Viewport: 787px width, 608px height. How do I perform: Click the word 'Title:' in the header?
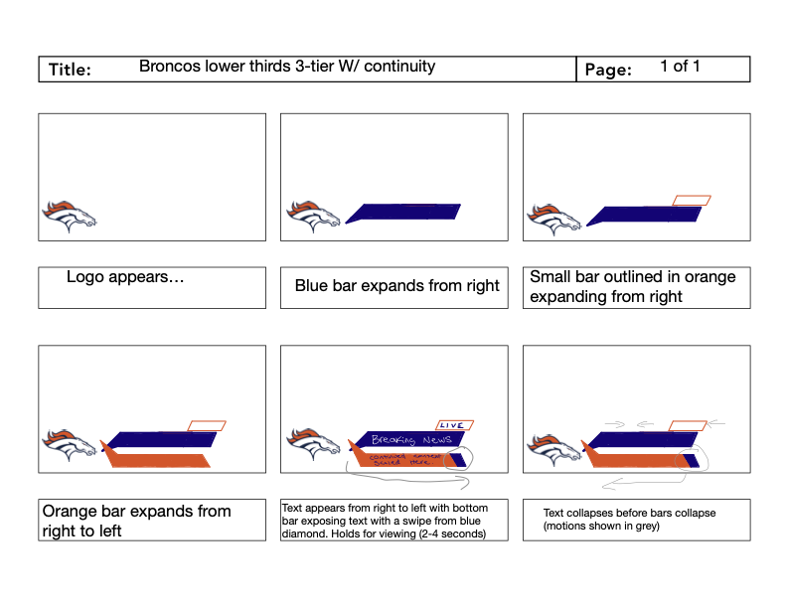click(x=70, y=70)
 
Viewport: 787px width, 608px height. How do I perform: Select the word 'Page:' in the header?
click(x=608, y=71)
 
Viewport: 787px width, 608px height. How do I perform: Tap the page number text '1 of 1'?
click(x=680, y=68)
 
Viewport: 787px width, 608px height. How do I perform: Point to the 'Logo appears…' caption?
click(x=125, y=277)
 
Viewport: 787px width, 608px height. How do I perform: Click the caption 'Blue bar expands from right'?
click(x=396, y=286)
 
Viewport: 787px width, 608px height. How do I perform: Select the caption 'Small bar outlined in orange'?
click(x=632, y=277)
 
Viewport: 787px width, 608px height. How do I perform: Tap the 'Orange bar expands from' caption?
click(x=136, y=512)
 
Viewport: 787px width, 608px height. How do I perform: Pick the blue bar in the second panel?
click(x=403, y=212)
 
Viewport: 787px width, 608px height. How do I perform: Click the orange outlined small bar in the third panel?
click(x=692, y=201)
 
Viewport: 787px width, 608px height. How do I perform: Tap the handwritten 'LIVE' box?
click(x=453, y=425)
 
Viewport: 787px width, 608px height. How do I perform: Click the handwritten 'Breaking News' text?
click(x=410, y=439)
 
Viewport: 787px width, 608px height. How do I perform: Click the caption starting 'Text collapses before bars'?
click(x=629, y=519)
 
